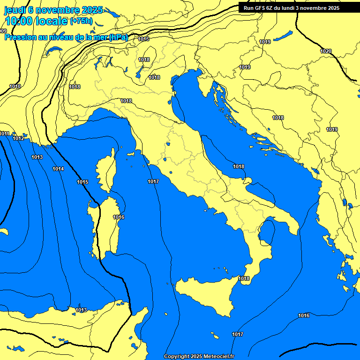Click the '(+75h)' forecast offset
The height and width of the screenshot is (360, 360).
[x=81, y=21]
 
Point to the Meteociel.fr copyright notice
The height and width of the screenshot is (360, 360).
[x=199, y=356]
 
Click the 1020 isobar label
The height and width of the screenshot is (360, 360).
[x=325, y=51]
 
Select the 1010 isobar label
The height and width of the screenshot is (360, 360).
[x=15, y=86]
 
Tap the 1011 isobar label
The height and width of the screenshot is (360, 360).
[x=5, y=134]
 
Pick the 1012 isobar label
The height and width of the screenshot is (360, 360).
[x=18, y=138]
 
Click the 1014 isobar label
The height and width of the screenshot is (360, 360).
[x=58, y=169]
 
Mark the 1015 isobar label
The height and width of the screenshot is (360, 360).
[x=82, y=182]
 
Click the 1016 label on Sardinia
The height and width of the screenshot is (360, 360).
[x=119, y=217]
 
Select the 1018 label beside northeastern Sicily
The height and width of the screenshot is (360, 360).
[x=244, y=278]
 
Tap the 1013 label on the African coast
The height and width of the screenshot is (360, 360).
[x=81, y=310]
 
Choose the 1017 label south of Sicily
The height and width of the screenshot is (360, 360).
[x=238, y=334]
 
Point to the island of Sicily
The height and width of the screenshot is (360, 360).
[x=206, y=293]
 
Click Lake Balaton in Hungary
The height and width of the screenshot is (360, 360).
[x=283, y=36]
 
